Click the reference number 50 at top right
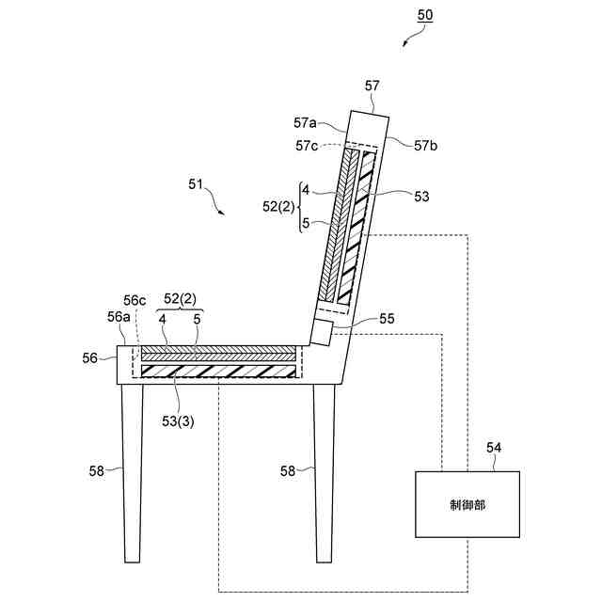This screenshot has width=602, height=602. pos(425,16)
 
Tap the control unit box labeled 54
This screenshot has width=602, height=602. pos(467,504)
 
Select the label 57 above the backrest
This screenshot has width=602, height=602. pos(372,86)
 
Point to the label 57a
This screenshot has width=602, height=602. pos(304,122)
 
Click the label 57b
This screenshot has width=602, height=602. pos(426,146)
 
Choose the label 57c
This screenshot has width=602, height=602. pos(306,146)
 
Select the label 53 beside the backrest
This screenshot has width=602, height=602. pos(420,197)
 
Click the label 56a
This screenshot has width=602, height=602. pos(119,318)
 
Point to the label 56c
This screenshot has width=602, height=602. pos(135,300)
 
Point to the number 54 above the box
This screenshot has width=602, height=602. pos(495,448)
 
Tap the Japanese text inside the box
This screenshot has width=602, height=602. pos(467,504)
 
